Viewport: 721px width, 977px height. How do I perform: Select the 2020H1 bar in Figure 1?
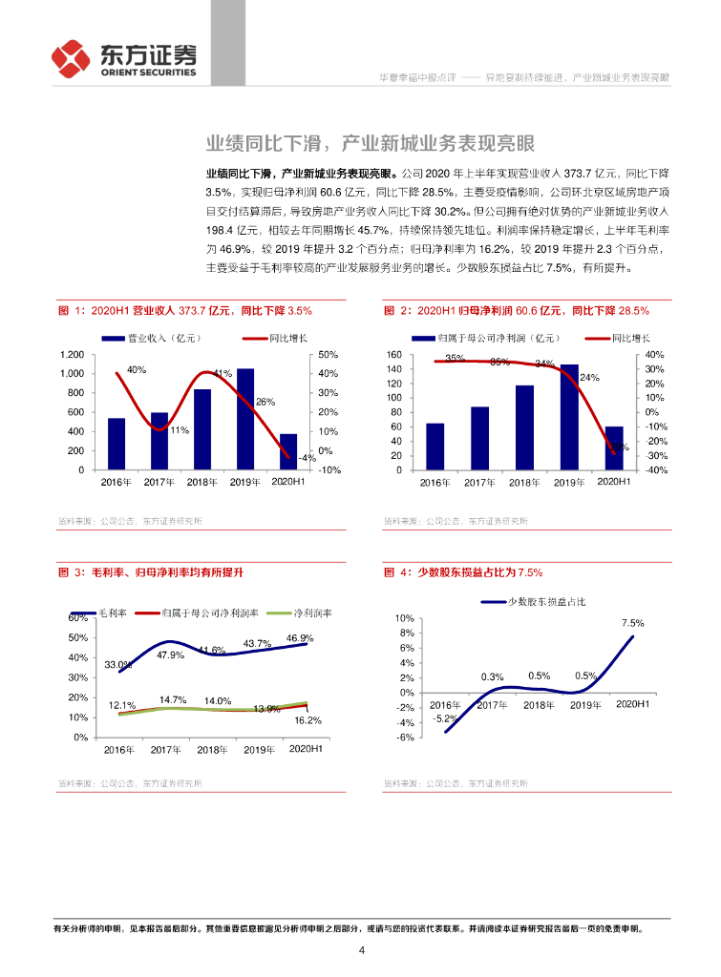tap(288, 452)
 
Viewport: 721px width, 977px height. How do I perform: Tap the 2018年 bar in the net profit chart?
tap(524, 427)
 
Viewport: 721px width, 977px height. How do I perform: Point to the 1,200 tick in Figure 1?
tap(72, 354)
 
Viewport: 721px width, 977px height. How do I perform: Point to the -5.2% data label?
tap(443, 718)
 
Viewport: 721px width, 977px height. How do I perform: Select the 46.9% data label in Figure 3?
tap(300, 638)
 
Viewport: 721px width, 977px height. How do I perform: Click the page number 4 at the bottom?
tap(361, 950)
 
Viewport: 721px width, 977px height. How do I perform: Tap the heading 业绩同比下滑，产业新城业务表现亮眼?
tap(371, 144)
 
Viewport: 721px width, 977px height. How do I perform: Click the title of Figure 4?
tap(463, 572)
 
